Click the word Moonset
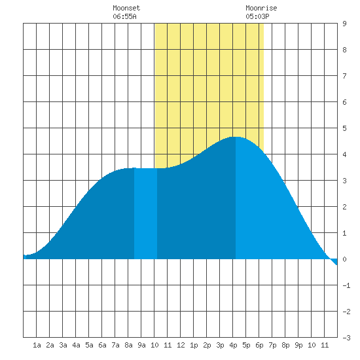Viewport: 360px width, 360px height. (126, 8)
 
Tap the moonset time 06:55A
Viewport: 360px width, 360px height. (124, 16)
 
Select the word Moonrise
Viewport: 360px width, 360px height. (261, 8)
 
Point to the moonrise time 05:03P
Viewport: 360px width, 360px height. (257, 16)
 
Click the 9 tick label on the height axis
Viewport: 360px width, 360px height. (344, 24)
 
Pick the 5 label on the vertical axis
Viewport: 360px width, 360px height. (344, 128)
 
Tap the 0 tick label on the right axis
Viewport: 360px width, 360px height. (344, 259)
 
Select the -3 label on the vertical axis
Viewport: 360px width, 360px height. (346, 338)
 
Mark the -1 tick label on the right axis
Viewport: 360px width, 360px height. (346, 285)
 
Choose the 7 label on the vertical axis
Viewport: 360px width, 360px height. (344, 76)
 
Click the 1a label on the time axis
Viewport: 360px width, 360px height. (37, 345)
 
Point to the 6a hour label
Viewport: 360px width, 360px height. (102, 345)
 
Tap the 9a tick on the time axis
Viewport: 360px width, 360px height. (141, 345)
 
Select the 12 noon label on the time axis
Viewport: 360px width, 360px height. (181, 345)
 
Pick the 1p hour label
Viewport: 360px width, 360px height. (194, 345)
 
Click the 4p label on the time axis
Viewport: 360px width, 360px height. (233, 345)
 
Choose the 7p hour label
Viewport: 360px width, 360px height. (272, 345)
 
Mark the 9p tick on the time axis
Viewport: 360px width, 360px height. (298, 345)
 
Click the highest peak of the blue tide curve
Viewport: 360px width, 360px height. (236, 137)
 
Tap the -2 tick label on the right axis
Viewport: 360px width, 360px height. (346, 312)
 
